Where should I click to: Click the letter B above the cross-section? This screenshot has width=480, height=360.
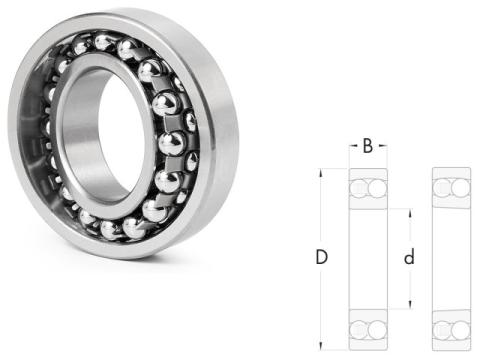click(x=368, y=146)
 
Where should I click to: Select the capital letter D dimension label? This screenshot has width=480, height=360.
click(x=322, y=257)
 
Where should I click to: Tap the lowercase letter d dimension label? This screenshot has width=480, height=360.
click(x=409, y=257)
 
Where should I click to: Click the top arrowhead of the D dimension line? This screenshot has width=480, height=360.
click(x=321, y=173)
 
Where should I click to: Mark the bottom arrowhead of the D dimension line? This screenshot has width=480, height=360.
click(x=321, y=345)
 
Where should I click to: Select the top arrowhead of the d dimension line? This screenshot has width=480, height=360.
click(x=410, y=214)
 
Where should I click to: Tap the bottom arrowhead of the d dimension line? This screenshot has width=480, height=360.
click(x=410, y=304)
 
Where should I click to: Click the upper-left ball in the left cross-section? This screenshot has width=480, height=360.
click(x=359, y=188)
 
